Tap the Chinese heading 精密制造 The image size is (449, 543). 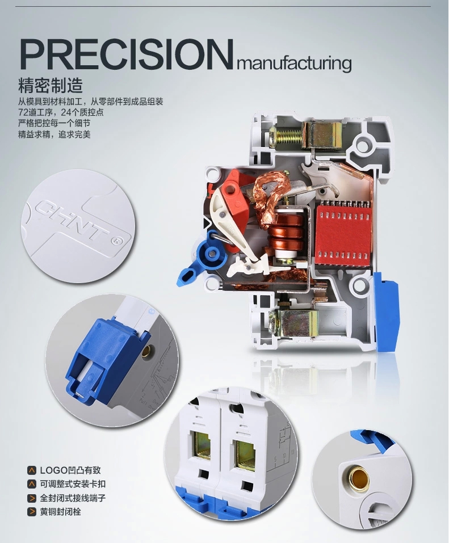tap(51, 86)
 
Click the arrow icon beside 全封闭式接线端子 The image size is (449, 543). tap(32, 498)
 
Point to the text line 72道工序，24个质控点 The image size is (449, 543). tap(61, 112)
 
